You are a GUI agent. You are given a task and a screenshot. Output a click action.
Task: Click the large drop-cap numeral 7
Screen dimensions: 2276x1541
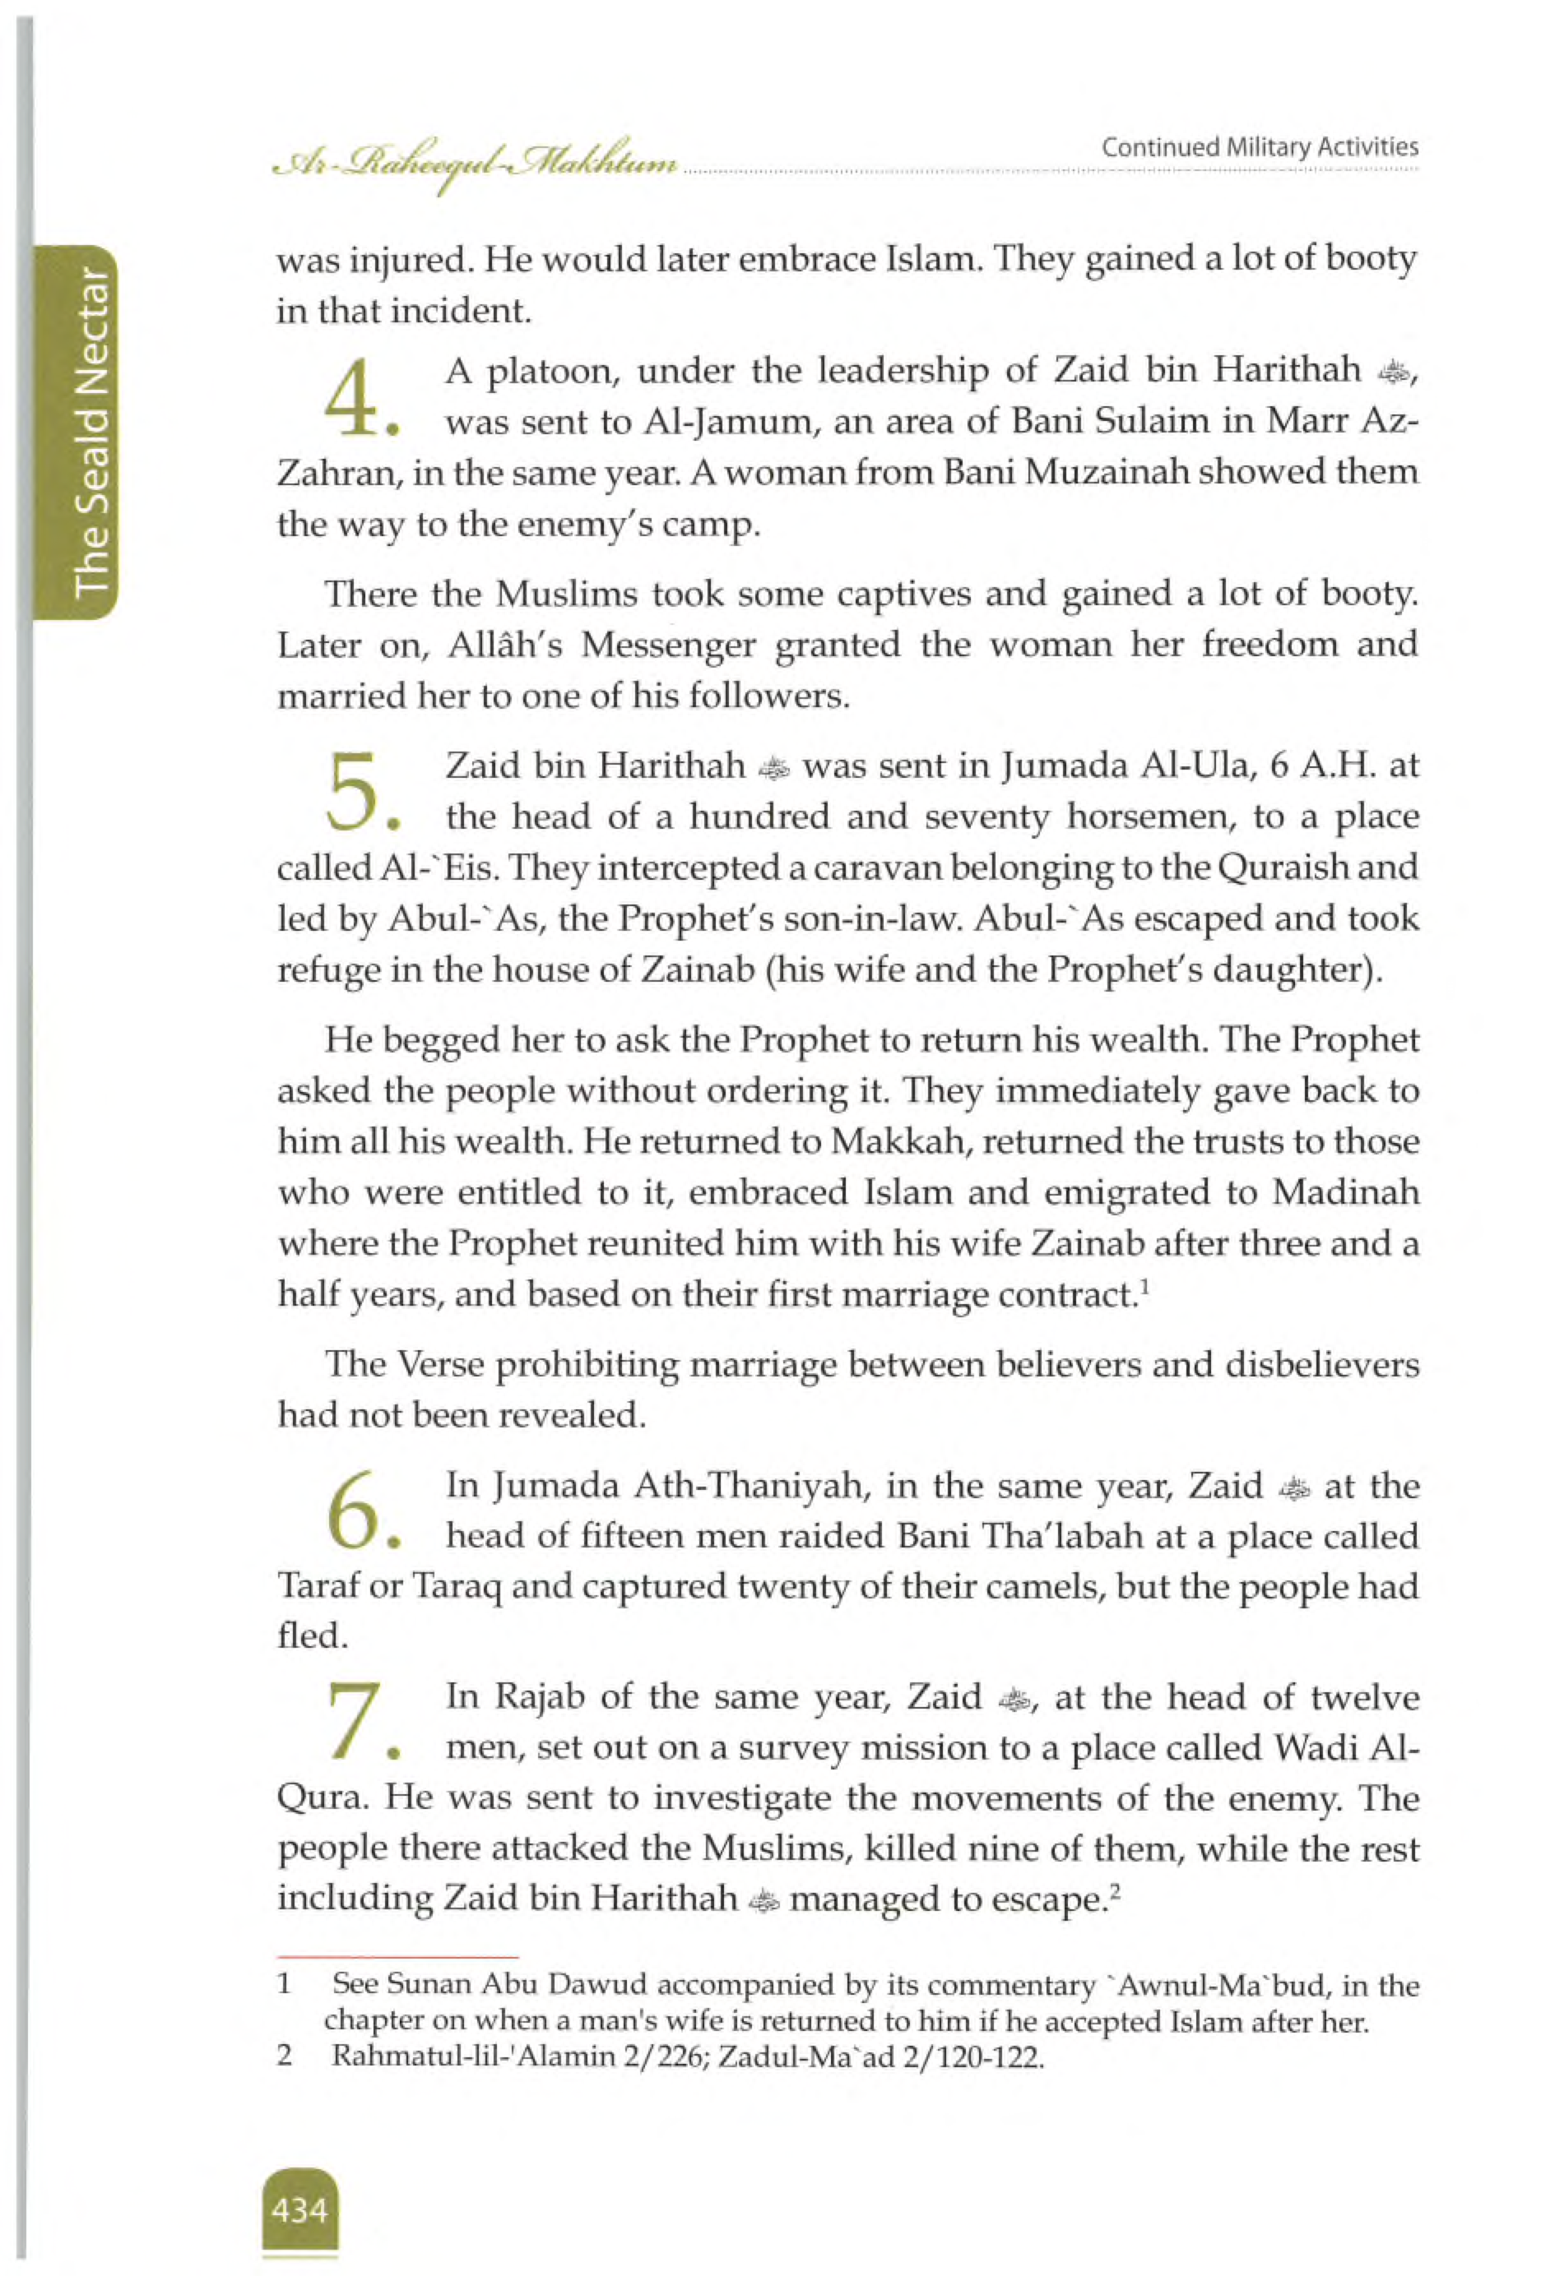tap(353, 1724)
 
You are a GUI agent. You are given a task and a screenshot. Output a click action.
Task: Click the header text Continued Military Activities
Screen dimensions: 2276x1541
tap(1259, 148)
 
